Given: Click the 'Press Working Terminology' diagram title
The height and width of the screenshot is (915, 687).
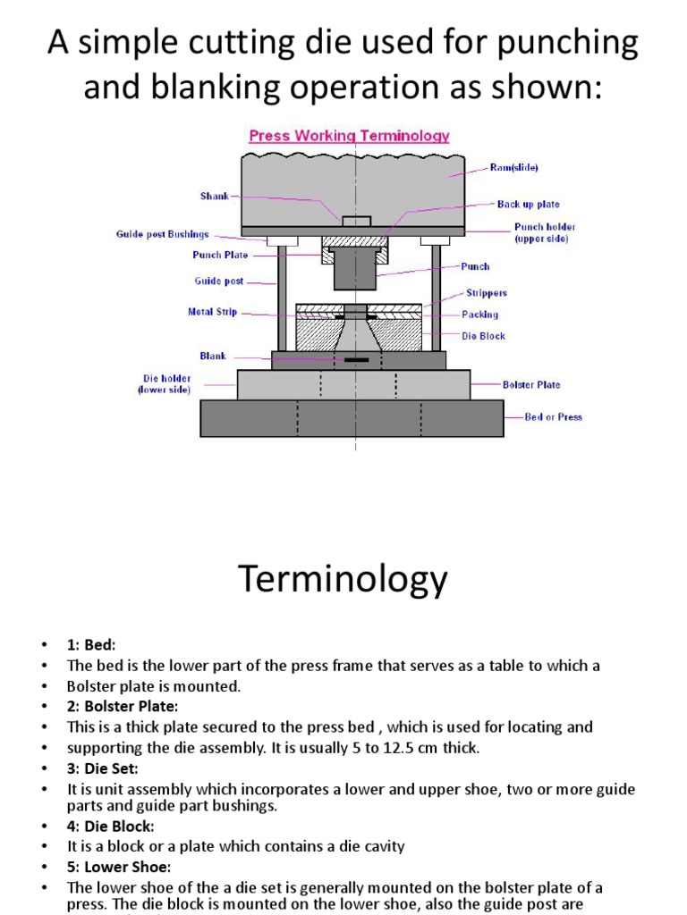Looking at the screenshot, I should tap(349, 137).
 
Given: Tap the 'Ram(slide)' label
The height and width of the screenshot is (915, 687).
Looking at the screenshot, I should tap(513, 167).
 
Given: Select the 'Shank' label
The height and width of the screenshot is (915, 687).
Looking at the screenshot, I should tap(215, 196).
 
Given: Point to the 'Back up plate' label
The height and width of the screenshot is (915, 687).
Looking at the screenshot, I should tap(528, 205).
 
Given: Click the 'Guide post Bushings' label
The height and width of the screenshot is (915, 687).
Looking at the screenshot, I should tap(162, 235).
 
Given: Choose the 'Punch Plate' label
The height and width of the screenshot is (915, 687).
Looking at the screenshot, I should tap(220, 255).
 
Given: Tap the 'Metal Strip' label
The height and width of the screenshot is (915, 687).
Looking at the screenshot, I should tap(213, 313).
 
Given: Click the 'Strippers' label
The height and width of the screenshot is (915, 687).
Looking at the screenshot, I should tap(486, 293).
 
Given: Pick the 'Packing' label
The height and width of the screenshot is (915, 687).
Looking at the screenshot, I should tap(480, 315).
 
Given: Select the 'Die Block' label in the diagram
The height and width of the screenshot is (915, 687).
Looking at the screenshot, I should tap(483, 336).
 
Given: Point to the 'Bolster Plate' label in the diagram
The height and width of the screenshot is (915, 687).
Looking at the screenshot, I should tap(531, 385).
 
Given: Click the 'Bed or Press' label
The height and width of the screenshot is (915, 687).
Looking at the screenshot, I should tap(553, 417).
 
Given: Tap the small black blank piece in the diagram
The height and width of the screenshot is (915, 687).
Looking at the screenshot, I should tap(356, 360).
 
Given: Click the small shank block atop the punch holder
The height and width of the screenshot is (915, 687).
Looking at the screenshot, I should tap(356, 221).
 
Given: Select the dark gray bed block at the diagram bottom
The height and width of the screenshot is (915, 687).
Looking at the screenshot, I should tap(355, 418).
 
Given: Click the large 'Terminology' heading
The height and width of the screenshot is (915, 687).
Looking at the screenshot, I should tap(343, 581).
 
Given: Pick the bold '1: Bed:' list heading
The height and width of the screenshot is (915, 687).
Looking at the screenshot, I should tap(91, 645).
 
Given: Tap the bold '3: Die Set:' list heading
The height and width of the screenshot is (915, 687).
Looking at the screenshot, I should tap(104, 768).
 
